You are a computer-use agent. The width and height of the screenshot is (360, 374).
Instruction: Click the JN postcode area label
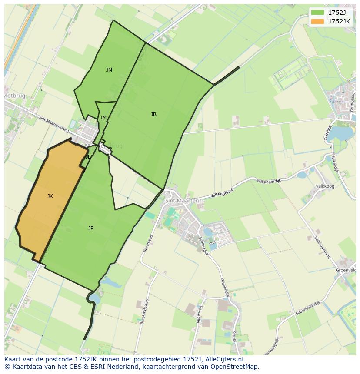109,70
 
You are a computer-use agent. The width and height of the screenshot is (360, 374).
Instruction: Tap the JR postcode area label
153,114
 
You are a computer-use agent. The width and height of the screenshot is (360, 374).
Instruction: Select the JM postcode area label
103,118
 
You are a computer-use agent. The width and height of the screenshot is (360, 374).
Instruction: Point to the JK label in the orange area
50,196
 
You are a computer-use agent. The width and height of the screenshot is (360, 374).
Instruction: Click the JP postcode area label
91,228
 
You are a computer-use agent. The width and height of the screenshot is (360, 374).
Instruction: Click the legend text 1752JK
339,21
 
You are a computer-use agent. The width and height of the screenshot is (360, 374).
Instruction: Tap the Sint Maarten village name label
182,201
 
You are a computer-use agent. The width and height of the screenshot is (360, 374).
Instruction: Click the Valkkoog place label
325,186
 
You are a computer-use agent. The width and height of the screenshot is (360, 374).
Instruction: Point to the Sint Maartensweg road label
53,123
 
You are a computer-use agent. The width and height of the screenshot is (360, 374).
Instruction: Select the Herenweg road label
145,244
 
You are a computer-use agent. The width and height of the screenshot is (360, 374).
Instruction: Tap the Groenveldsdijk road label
310,307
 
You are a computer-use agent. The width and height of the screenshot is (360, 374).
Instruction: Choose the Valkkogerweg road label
323,247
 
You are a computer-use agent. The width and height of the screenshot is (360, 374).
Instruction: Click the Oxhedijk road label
327,134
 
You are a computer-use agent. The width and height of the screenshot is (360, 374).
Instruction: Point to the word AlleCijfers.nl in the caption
224,360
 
